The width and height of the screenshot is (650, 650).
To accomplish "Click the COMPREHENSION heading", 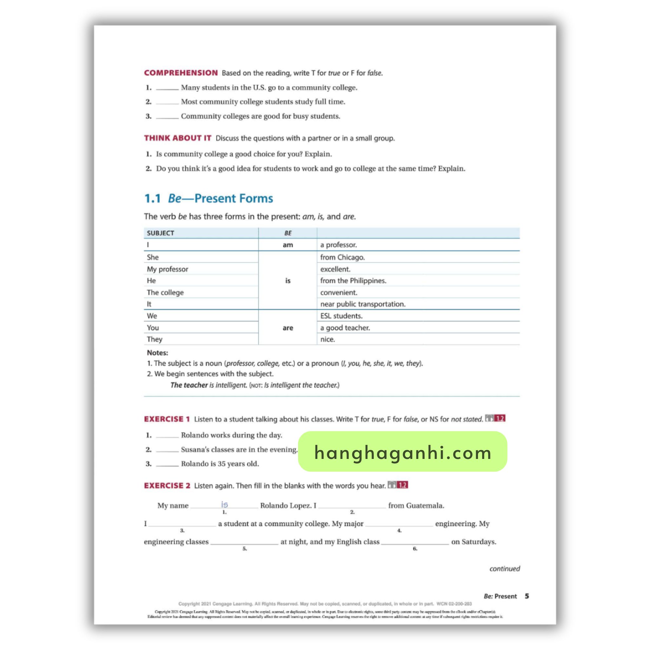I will click(x=181, y=73).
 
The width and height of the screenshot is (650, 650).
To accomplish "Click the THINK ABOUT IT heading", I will click(x=178, y=138).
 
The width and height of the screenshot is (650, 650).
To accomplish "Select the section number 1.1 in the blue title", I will click(x=152, y=198).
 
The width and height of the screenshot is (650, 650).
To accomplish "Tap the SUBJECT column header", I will click(x=161, y=233).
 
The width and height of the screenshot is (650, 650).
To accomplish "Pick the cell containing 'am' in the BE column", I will click(x=288, y=245).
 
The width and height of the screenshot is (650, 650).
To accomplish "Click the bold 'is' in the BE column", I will click(x=288, y=281).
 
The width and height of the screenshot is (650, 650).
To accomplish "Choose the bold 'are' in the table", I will click(x=288, y=328).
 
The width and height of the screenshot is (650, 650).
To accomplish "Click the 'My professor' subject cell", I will click(x=167, y=269).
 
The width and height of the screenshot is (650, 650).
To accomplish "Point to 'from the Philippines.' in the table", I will click(x=353, y=281).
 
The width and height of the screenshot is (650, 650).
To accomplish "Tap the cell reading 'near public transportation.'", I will click(x=363, y=304).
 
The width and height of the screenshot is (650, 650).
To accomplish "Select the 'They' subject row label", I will click(x=155, y=339).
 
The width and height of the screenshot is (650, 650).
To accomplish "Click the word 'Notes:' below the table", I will click(x=157, y=353).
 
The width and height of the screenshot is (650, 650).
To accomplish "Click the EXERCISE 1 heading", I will click(x=167, y=419).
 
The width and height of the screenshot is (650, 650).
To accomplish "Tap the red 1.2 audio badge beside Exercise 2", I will click(x=402, y=485).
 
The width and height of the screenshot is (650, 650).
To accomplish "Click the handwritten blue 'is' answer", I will click(x=224, y=504).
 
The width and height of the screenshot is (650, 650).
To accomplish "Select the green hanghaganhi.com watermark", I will click(x=402, y=452).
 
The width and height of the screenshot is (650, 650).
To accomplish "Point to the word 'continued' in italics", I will click(x=504, y=568).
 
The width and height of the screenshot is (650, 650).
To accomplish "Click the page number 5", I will click(x=527, y=596).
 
